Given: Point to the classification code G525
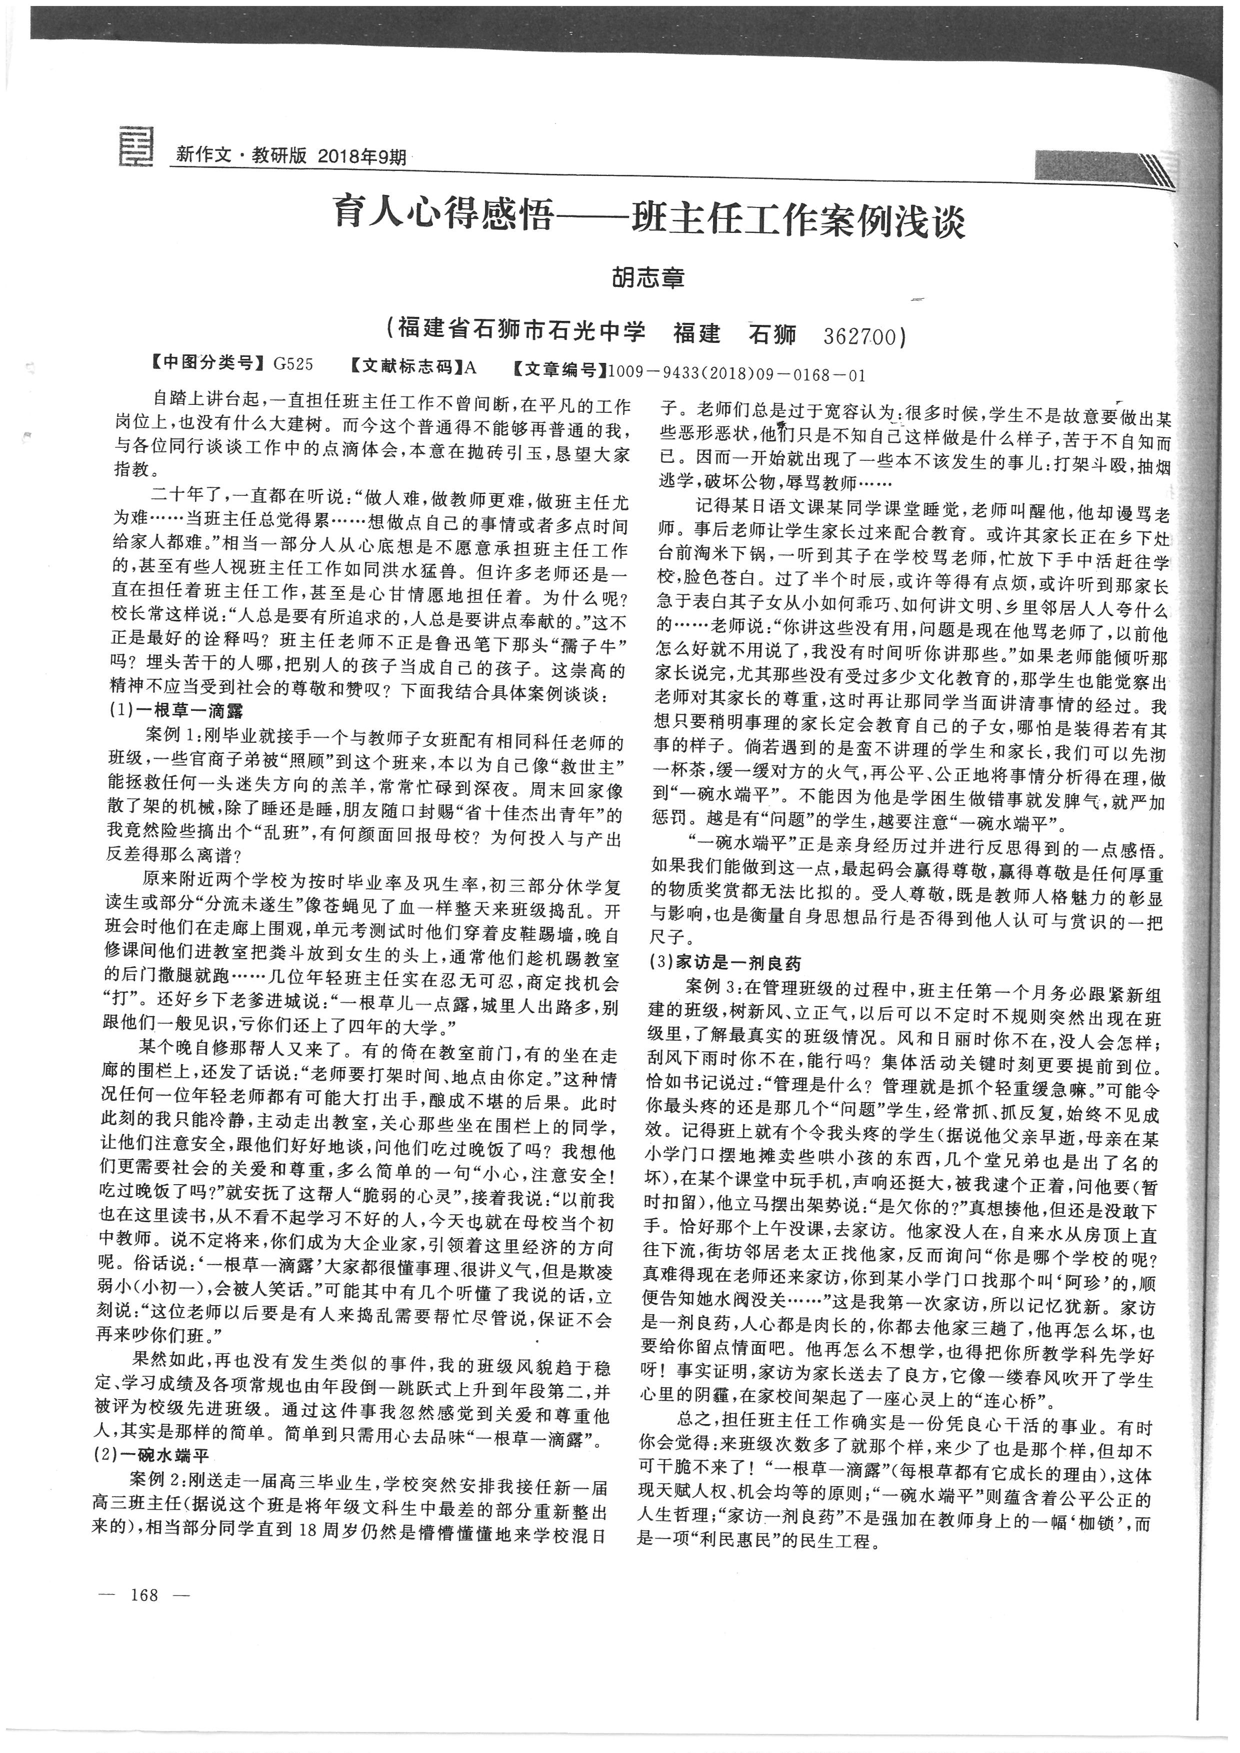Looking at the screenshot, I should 293,364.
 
